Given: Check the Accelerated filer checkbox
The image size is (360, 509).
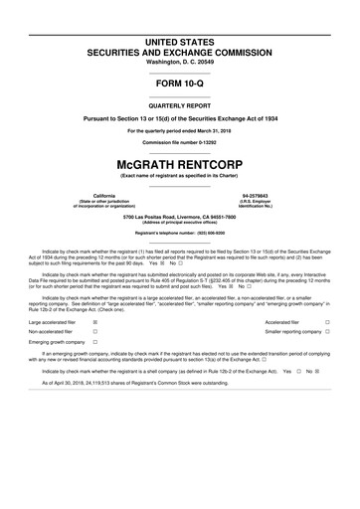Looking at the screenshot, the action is tap(328, 351).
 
